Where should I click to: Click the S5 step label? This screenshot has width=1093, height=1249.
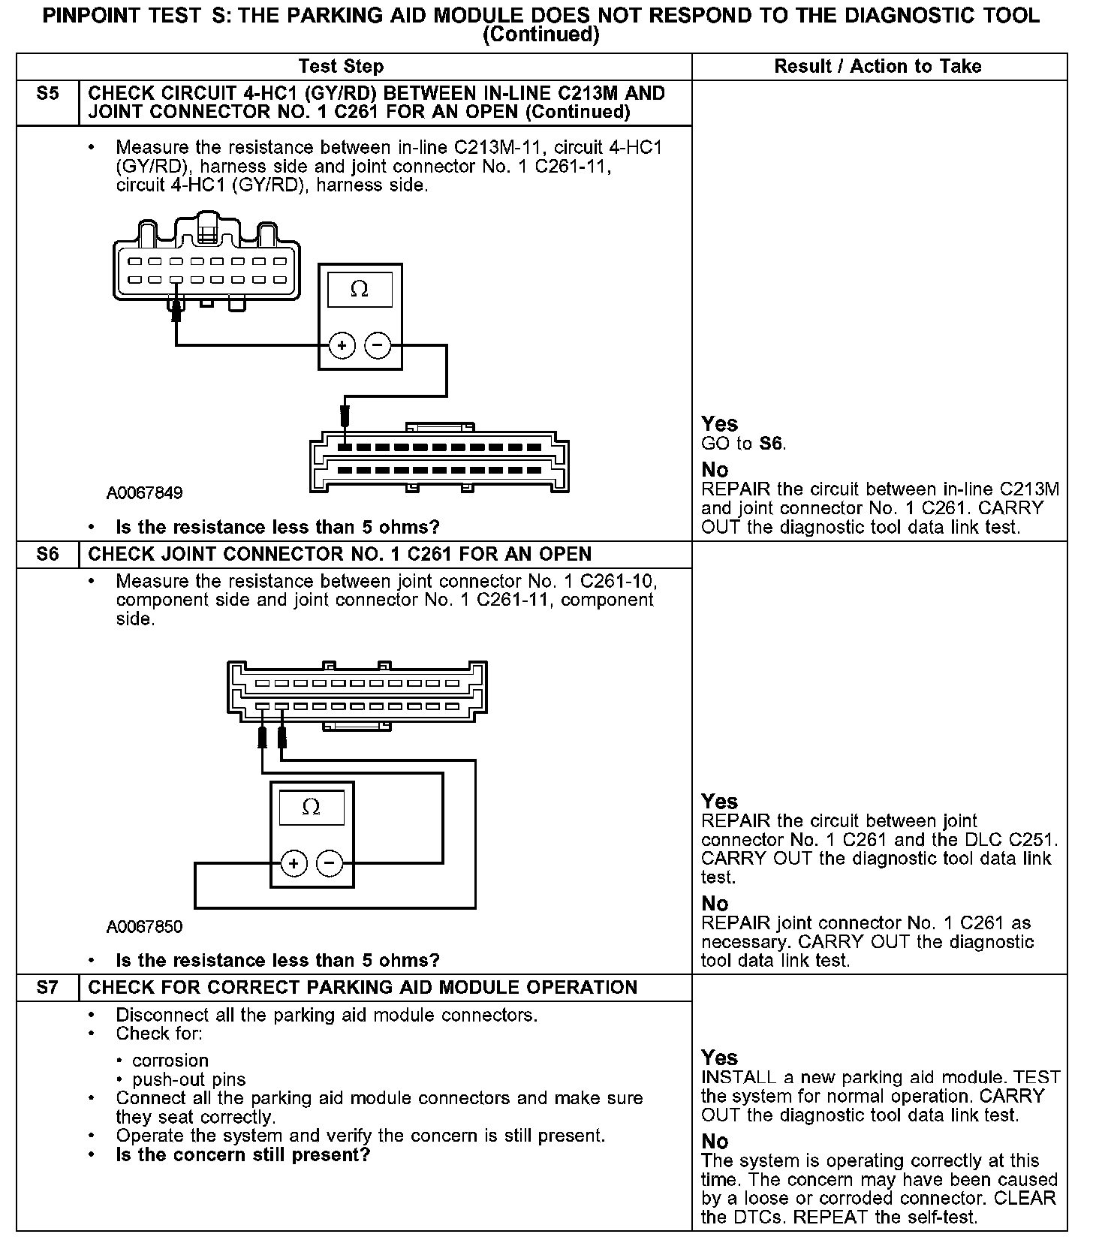[47, 94]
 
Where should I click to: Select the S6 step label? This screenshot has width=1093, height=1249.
[47, 555]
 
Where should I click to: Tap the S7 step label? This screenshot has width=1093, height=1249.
[47, 988]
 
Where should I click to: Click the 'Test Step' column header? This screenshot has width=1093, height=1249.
[341, 66]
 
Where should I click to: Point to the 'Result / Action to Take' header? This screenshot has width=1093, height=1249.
[878, 66]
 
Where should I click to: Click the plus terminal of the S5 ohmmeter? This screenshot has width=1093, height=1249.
[342, 346]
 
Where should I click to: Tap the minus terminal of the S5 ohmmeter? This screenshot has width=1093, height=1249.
[378, 346]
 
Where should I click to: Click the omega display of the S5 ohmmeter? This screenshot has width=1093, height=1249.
[360, 290]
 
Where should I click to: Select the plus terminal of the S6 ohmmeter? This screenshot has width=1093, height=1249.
[294, 864]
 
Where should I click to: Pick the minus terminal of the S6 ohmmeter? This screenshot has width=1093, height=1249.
[330, 864]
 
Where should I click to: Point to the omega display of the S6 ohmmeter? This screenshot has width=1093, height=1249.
[311, 808]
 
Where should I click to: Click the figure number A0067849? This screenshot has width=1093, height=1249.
[144, 493]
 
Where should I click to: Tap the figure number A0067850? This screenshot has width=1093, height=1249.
[144, 927]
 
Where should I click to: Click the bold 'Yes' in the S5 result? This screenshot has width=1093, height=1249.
[719, 424]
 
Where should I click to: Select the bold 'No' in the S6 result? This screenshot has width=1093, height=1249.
[715, 904]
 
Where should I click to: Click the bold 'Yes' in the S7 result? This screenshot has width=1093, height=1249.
[719, 1058]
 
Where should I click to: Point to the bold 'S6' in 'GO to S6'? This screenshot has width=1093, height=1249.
[771, 444]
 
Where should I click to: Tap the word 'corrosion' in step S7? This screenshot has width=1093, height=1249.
[170, 1061]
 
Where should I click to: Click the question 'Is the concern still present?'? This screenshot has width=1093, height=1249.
[243, 1154]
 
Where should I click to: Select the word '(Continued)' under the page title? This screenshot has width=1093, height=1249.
[540, 35]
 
